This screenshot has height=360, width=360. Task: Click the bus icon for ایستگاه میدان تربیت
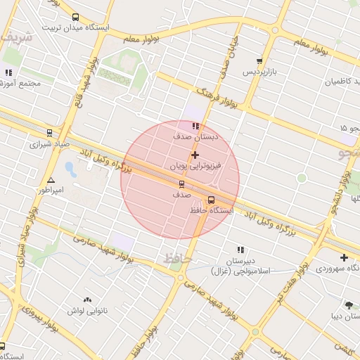coord(75,18)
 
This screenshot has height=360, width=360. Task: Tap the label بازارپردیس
coord(257,72)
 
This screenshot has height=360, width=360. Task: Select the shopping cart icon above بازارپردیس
coord(260,62)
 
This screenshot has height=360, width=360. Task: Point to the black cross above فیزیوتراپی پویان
coord(195,155)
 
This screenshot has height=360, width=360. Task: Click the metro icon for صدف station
coord(181,184)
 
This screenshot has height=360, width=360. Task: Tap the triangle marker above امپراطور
coord(50,181)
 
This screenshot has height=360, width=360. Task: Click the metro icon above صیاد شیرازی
coord(49,133)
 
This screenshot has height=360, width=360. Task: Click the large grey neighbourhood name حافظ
coord(177,259)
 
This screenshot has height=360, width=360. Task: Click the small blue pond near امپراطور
coord(70,169)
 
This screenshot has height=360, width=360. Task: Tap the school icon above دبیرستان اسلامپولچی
coord(240,250)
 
